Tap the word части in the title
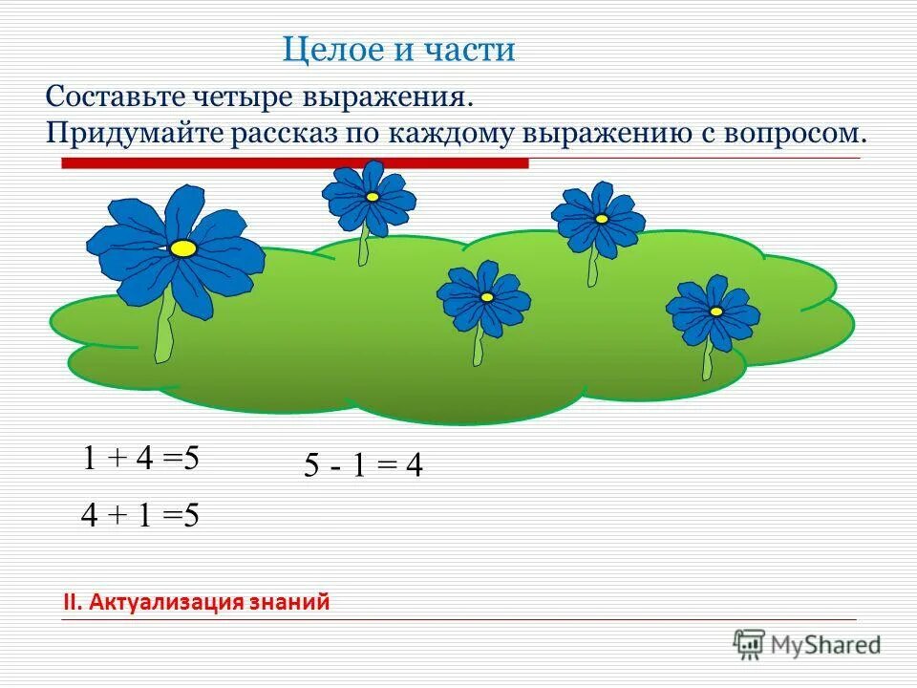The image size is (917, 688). pyautogui.click(x=467, y=49)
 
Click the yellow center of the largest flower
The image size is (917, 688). pyautogui.click(x=183, y=248)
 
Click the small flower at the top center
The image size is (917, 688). pyautogui.click(x=370, y=198)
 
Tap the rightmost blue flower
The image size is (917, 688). pyautogui.click(x=714, y=312)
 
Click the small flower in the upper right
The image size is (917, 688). pyautogui.click(x=599, y=219)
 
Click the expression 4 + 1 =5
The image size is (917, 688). pyautogui.click(x=140, y=515)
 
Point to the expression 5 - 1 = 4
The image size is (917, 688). pyautogui.click(x=363, y=466)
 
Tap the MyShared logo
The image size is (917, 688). pyautogui.click(x=807, y=644)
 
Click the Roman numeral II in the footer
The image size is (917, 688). pyautogui.click(x=71, y=602)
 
